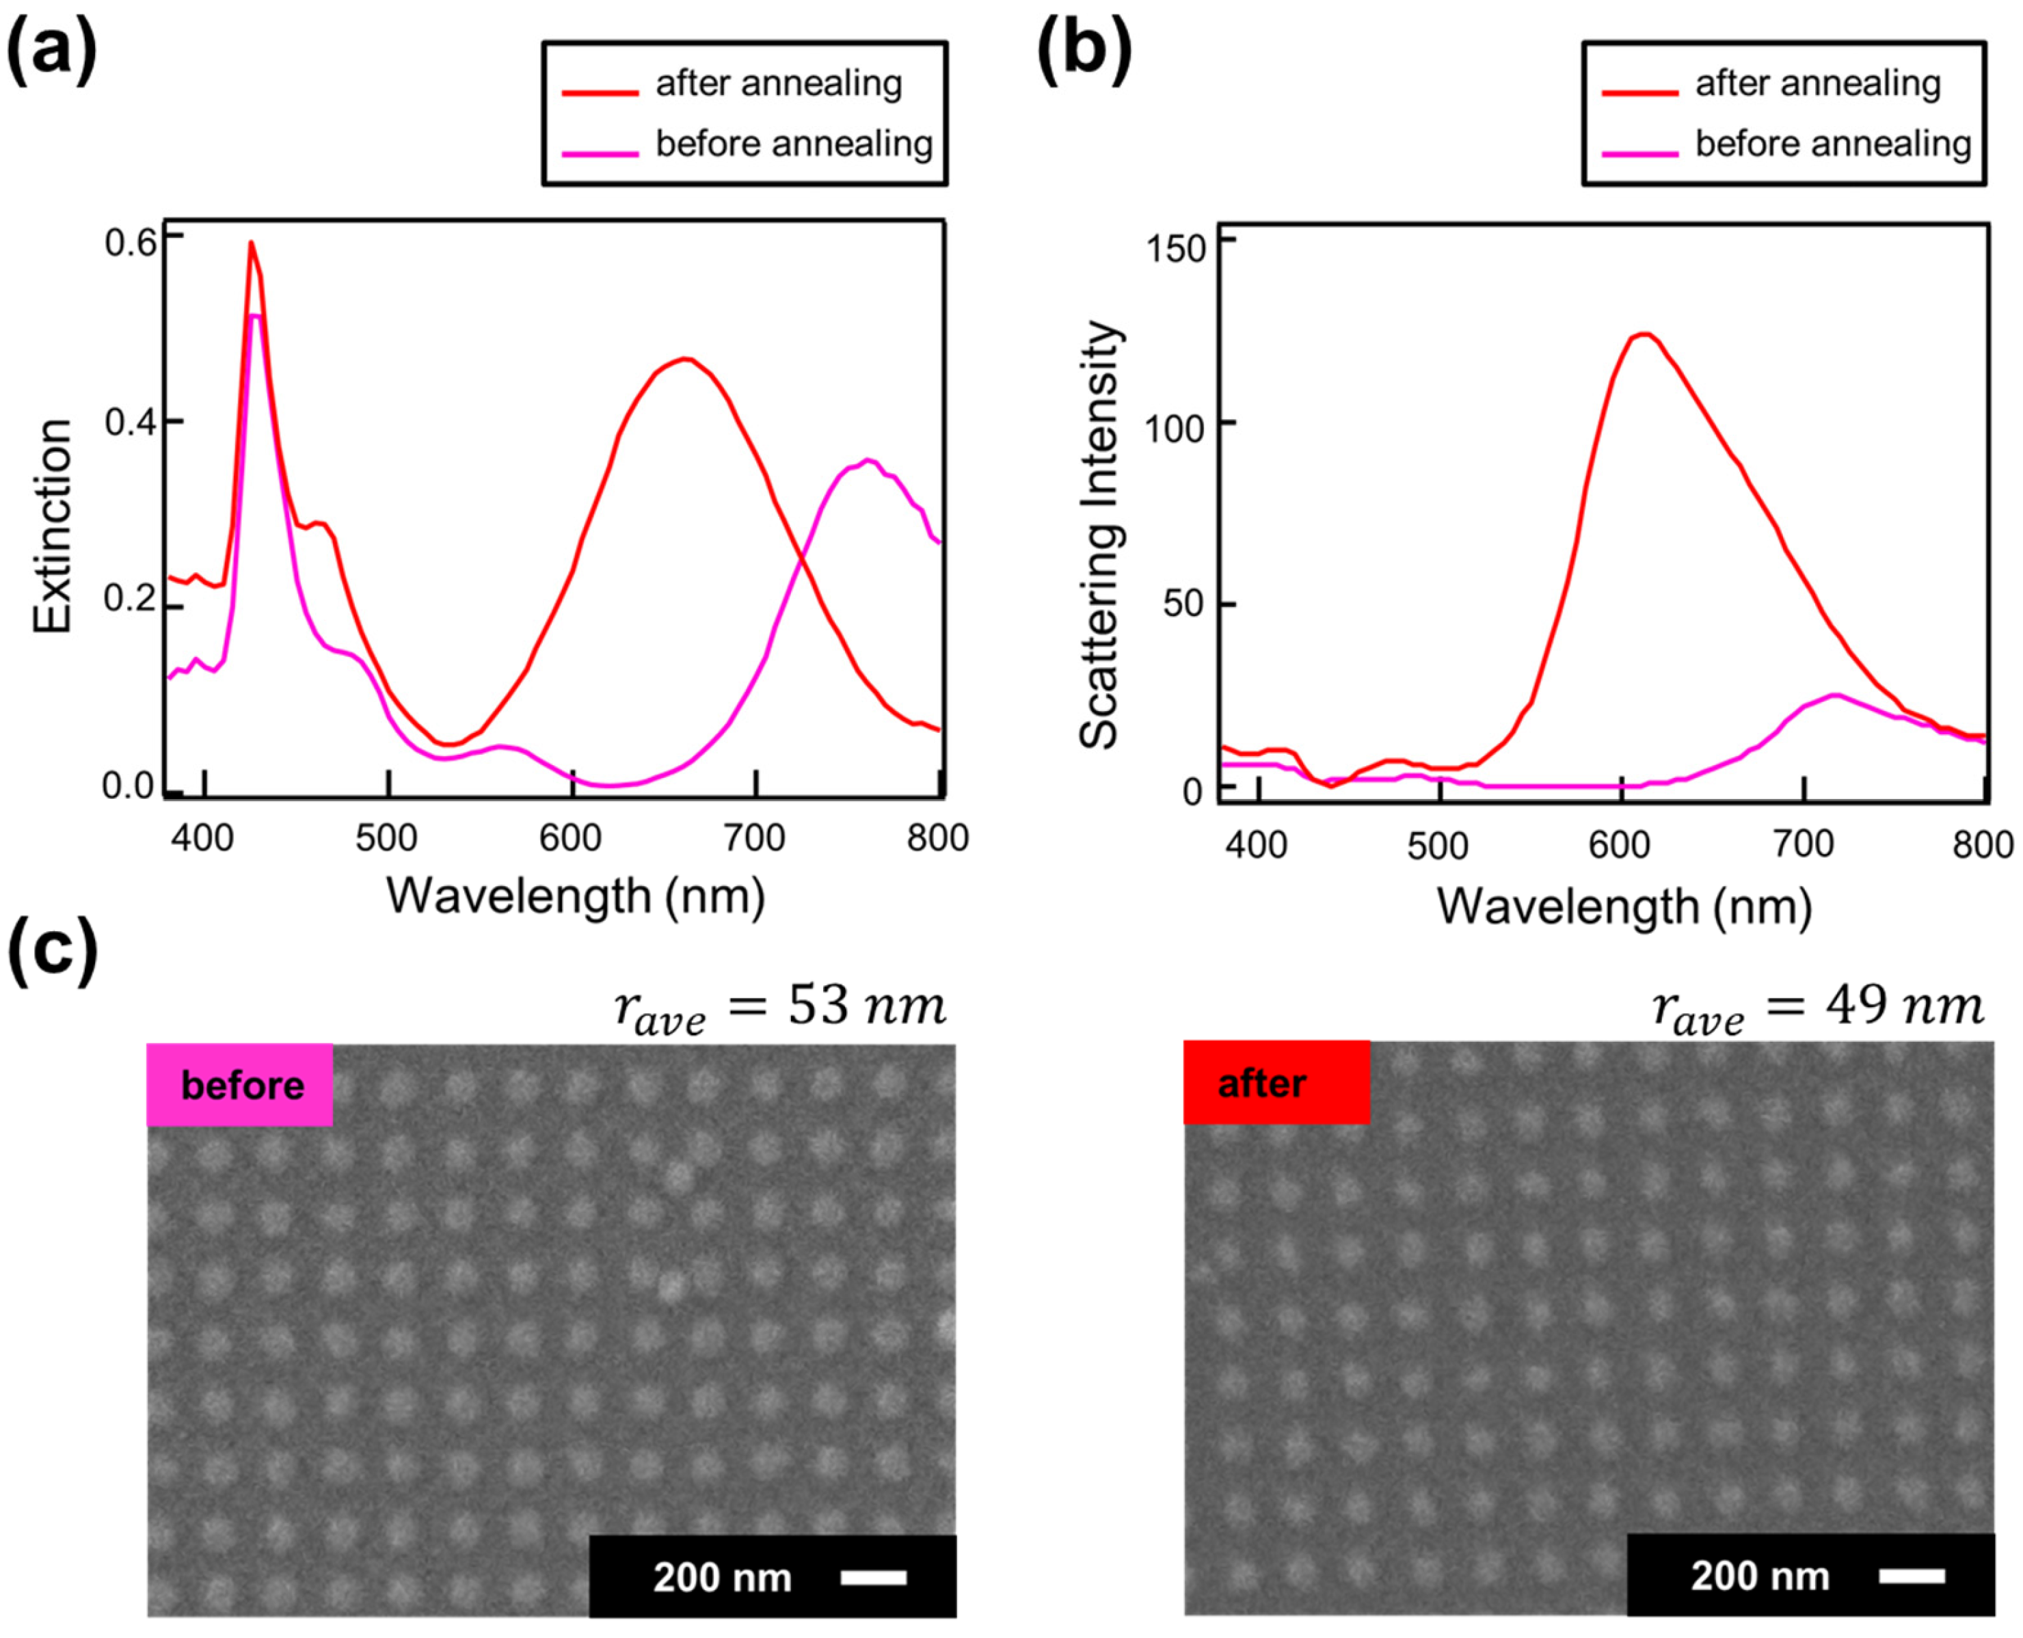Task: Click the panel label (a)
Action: tap(52, 49)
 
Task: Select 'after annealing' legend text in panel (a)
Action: tap(779, 84)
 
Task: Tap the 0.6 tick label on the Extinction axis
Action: tap(130, 243)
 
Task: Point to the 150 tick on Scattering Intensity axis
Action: tap(1175, 249)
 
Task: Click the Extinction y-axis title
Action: tap(53, 526)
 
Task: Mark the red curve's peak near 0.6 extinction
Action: tap(251, 243)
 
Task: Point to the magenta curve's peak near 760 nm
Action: tap(869, 461)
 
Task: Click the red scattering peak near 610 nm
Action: tap(1644, 334)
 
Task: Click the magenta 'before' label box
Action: tap(240, 1085)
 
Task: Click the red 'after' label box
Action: tap(1276, 1082)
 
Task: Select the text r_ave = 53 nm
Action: tap(779, 1008)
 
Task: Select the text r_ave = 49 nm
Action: tap(1817, 1008)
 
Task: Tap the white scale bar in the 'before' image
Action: tap(873, 1576)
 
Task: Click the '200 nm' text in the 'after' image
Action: tap(1760, 1576)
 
